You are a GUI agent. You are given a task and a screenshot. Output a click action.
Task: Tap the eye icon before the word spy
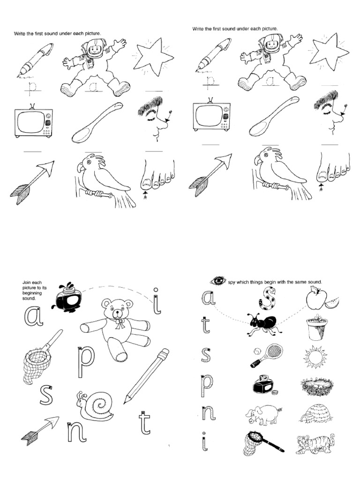point(218,281)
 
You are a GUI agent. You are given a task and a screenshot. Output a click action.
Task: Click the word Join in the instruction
point(28,282)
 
